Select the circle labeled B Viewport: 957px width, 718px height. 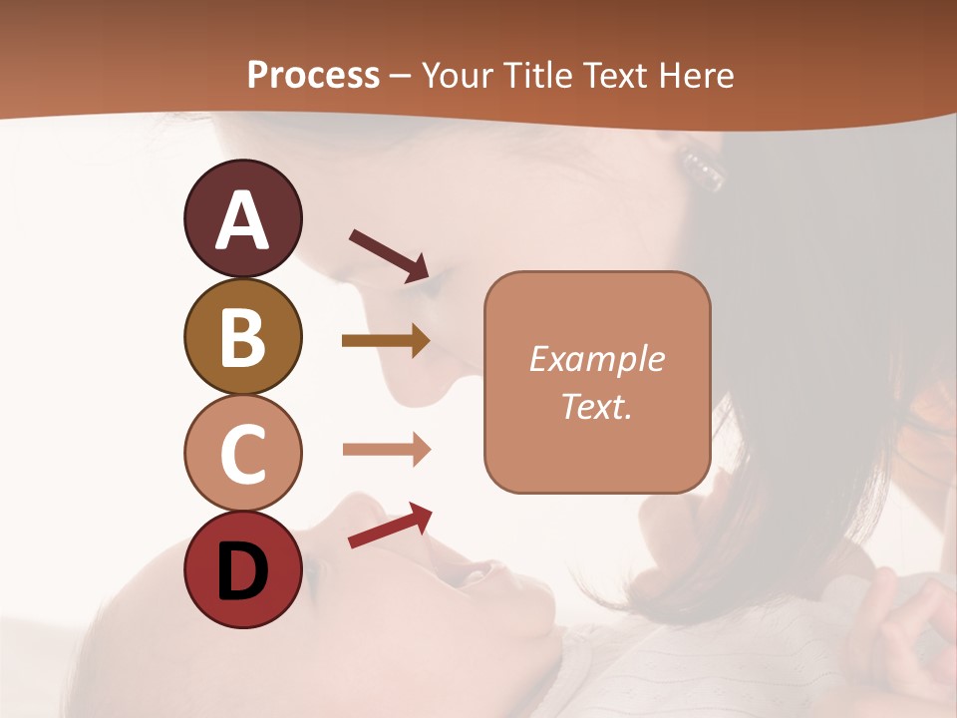[x=242, y=336]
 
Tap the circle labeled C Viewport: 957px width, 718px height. [x=242, y=453]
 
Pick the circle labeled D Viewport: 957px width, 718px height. [x=242, y=570]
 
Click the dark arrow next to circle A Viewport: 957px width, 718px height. [x=389, y=255]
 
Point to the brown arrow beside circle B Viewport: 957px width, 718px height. [x=386, y=341]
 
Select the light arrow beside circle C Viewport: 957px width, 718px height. [x=386, y=450]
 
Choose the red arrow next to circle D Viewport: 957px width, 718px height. [x=390, y=526]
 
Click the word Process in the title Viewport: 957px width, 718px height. [x=313, y=75]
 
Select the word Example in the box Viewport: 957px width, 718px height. [x=596, y=359]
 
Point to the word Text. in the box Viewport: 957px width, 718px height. [x=596, y=406]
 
